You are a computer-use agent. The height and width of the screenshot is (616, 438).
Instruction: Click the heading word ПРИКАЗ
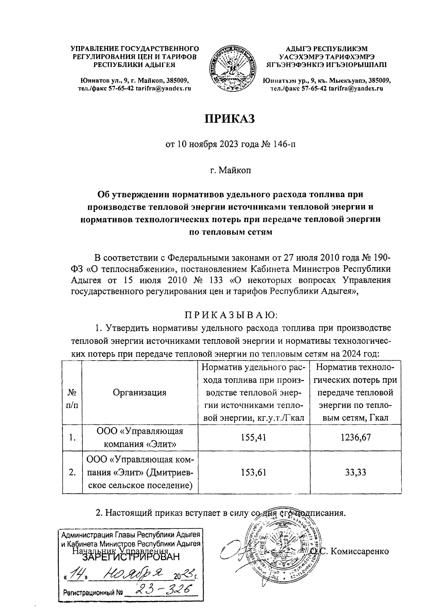[x=230, y=119]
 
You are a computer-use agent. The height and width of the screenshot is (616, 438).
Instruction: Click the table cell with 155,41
[x=253, y=437]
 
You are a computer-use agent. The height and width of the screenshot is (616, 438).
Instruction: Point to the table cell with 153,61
[x=253, y=472]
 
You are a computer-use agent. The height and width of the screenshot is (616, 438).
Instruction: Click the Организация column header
[x=139, y=393]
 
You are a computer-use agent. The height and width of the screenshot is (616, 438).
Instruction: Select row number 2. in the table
[x=72, y=472]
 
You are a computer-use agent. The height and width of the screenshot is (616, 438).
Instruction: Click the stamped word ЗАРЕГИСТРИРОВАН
[x=131, y=557]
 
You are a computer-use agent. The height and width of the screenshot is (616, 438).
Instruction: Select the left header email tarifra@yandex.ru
[x=164, y=88]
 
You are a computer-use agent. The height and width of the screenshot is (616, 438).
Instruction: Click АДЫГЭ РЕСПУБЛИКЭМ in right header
[x=327, y=49]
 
